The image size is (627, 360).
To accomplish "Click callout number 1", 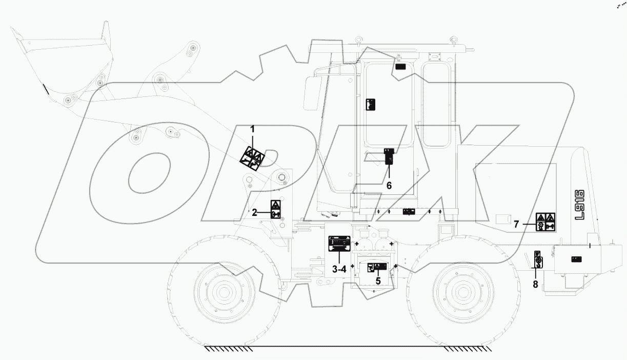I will click(x=253, y=129).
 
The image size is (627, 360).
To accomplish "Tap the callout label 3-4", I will click(x=339, y=269).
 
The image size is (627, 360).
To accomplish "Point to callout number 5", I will click(x=377, y=281).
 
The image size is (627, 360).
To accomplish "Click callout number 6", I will click(x=389, y=186).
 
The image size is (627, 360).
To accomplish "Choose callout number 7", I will click(x=517, y=224).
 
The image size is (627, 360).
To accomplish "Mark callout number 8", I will click(x=535, y=284).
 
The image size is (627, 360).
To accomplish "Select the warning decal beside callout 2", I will click(x=275, y=210).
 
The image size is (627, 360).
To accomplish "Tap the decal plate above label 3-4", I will click(x=339, y=243).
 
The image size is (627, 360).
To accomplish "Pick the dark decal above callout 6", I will click(x=389, y=155).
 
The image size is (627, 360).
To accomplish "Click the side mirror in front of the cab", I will click(x=311, y=93).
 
